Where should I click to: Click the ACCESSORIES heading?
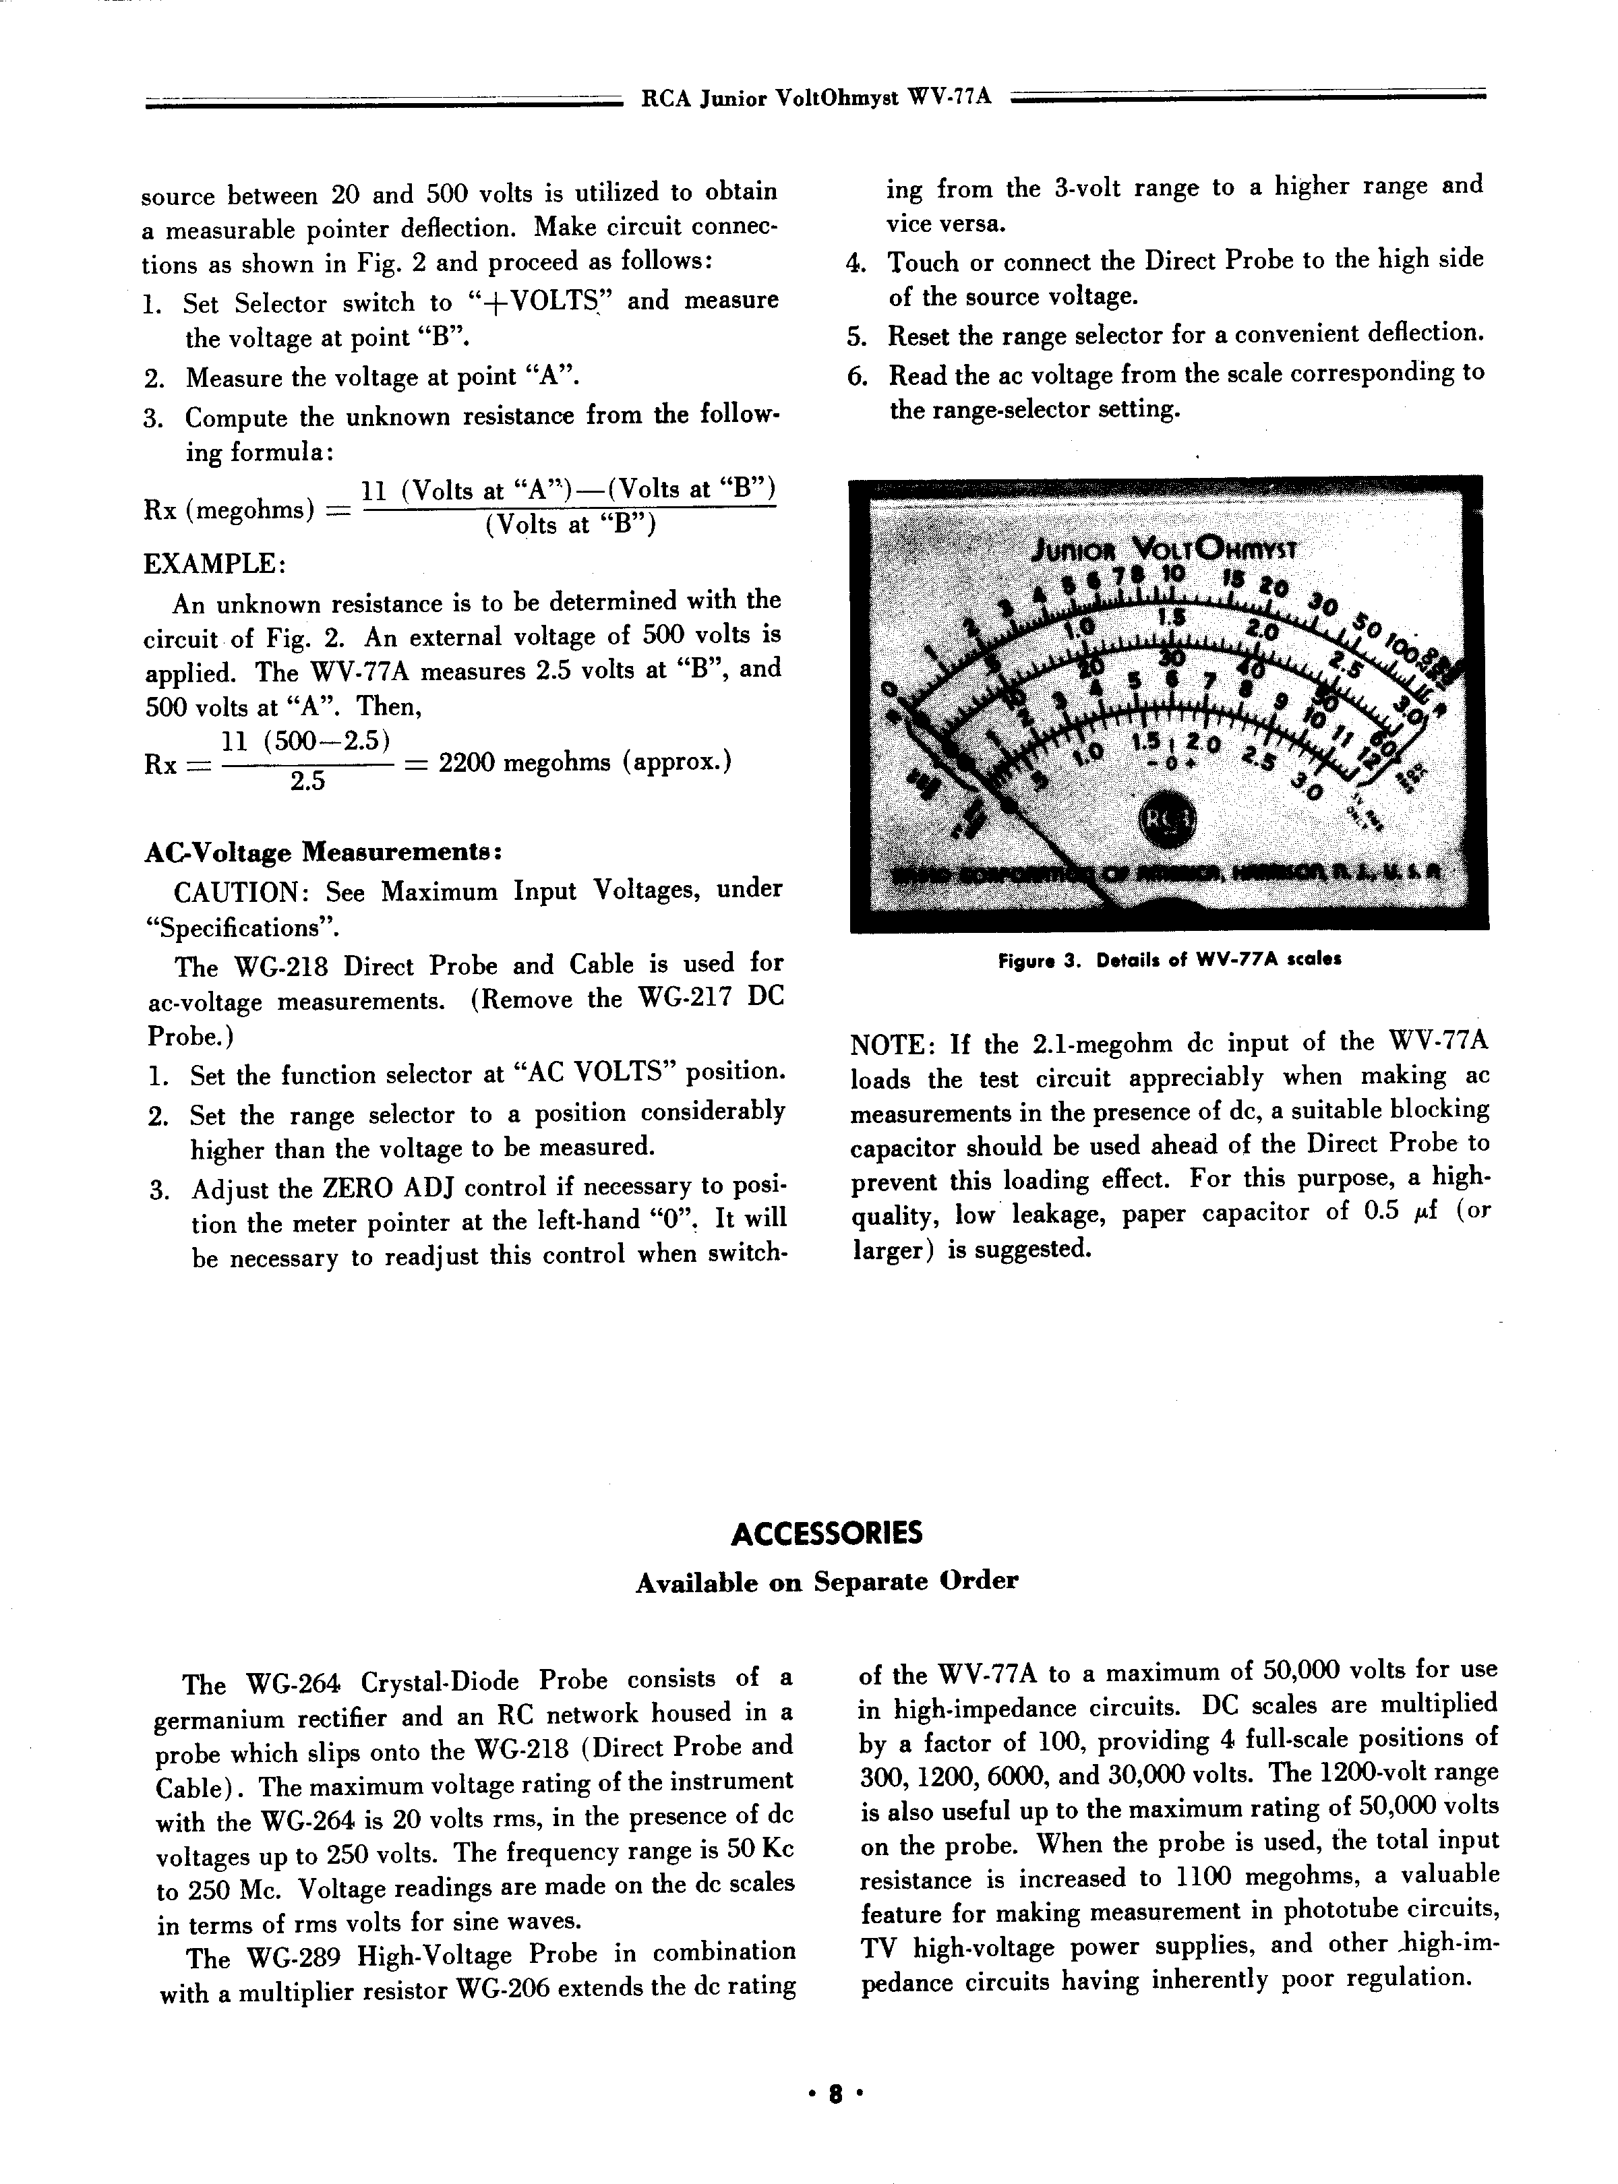click(827, 1533)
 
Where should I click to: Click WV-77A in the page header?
click(950, 98)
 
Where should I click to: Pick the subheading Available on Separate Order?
click(827, 1581)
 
